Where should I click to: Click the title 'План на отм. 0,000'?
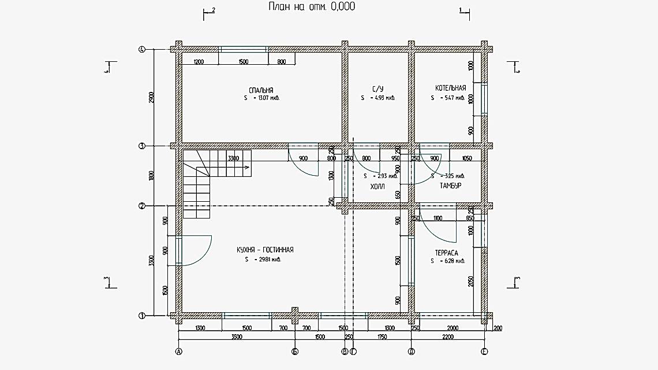point(312,7)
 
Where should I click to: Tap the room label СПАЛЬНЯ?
point(261,90)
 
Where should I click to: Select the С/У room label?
point(377,89)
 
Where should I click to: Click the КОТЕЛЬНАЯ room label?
point(450,88)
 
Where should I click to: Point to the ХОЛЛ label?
point(377,187)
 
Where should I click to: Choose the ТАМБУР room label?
point(450,186)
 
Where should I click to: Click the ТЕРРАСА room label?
point(446,253)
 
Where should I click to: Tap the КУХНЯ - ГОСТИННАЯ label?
point(265,250)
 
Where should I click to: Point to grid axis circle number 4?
point(141,50)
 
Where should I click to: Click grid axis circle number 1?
point(141,316)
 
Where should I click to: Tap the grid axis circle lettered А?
point(178,351)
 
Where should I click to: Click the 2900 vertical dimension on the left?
point(151,98)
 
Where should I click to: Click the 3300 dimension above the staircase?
point(233,158)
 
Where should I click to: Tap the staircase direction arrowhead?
point(247,167)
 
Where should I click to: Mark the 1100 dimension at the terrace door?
point(437,219)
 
